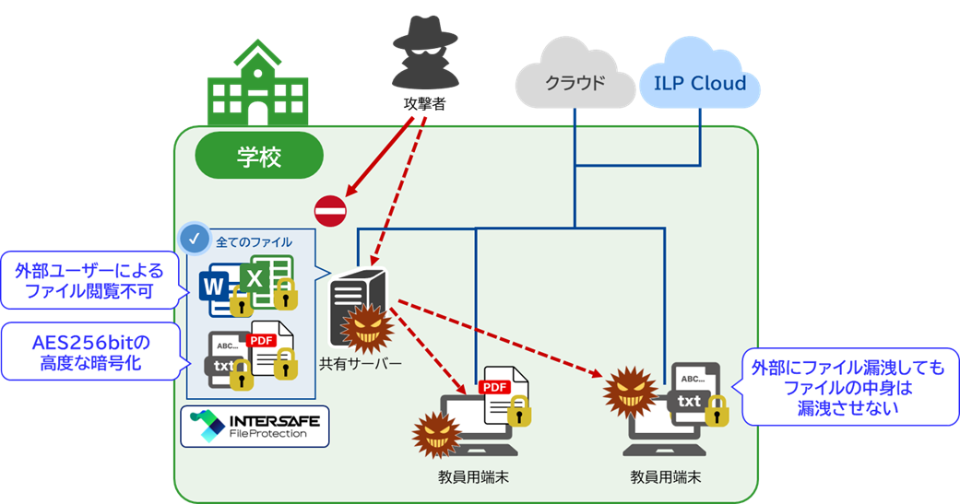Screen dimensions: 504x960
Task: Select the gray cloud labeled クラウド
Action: click(574, 81)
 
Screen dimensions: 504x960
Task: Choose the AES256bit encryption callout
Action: click(89, 353)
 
